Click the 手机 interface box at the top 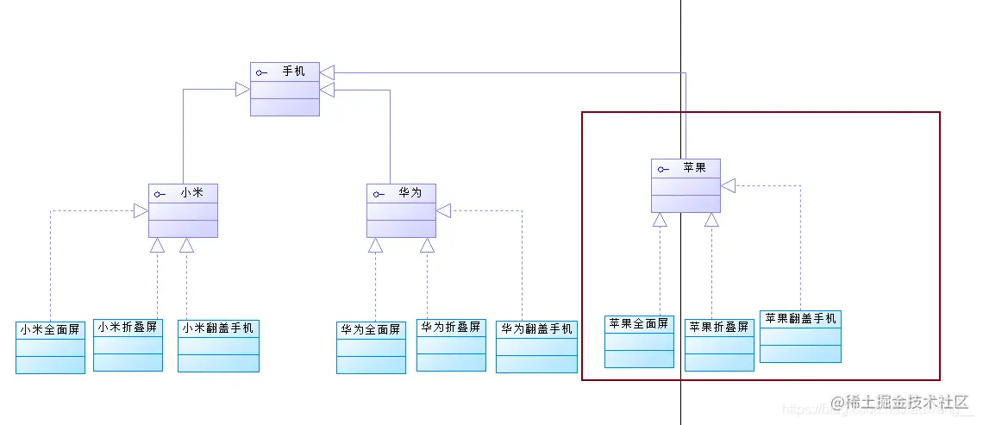pos(285,89)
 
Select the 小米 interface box pos(183,210)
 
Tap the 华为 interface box pos(401,210)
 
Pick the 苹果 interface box pos(686,185)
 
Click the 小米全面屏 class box pos(50,347)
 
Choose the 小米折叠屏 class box pos(128,345)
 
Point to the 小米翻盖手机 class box pos(218,346)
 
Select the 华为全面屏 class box pos(371,347)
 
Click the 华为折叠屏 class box pos(451,345)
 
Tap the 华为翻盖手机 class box pos(536,346)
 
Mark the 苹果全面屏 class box pos(639,341)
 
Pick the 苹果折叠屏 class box pos(719,345)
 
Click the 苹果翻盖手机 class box pos(800,336)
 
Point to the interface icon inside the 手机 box pos(261,72)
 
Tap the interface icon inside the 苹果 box pos(661,169)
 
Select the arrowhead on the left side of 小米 pos(141,210)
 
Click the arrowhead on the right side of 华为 pos(443,210)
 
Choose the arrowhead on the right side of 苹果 pos(728,185)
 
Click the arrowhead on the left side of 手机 pos(242,89)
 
